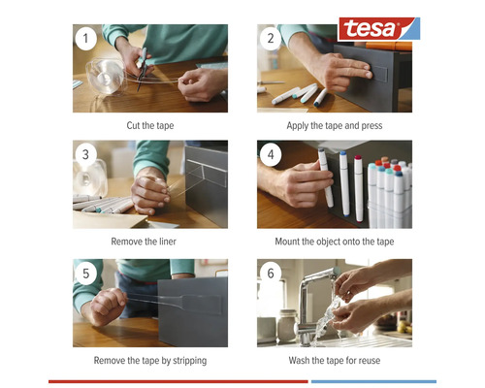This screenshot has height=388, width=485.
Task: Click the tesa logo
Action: (379, 29)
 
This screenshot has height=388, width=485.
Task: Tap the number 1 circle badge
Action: (85, 39)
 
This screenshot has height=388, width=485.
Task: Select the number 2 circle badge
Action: (271, 39)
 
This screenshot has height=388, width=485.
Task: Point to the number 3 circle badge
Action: (85, 154)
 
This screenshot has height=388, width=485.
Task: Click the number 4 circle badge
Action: (271, 154)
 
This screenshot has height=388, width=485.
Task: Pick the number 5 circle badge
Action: (85, 274)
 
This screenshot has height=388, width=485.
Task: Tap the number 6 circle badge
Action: (271, 274)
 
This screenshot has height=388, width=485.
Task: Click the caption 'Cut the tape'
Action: (150, 125)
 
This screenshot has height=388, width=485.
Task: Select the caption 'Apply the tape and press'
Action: (335, 125)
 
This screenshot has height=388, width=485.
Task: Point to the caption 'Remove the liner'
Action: (144, 242)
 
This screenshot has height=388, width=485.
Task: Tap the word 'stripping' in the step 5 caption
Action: (189, 361)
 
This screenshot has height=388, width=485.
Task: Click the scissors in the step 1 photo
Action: (142, 69)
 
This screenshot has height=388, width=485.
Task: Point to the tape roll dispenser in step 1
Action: (105, 77)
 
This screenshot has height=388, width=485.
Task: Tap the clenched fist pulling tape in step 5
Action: (107, 307)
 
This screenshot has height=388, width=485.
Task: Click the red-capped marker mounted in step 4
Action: (358, 189)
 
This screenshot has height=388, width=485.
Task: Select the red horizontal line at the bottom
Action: (178, 381)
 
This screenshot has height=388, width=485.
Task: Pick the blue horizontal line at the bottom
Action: (373, 381)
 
